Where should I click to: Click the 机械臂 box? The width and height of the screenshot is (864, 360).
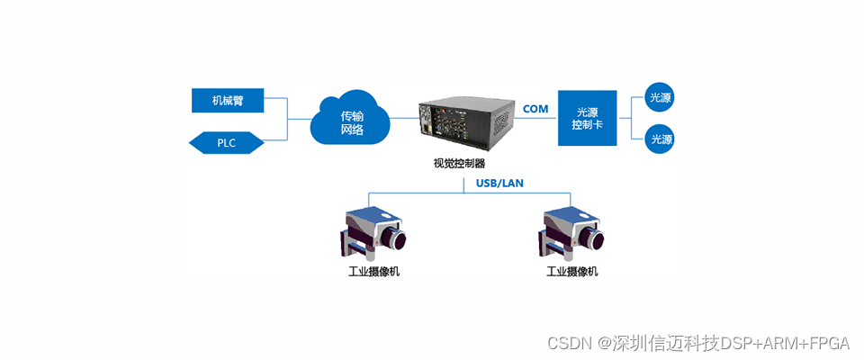(x=228, y=100)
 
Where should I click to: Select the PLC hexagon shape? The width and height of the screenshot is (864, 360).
(x=226, y=142)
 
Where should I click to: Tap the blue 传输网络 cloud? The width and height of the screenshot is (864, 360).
(x=351, y=122)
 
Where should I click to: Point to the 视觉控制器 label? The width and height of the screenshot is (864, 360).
(x=459, y=164)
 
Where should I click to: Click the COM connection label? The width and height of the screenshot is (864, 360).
(x=535, y=109)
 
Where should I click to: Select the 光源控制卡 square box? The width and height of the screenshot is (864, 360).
(x=587, y=118)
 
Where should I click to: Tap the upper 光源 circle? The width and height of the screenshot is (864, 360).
(x=661, y=97)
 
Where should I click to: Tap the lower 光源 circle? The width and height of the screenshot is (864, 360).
(x=661, y=139)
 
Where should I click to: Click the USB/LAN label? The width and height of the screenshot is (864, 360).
(x=499, y=184)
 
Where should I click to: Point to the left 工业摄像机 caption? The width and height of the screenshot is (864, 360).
(x=373, y=271)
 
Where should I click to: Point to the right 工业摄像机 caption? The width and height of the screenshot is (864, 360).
(x=572, y=271)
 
